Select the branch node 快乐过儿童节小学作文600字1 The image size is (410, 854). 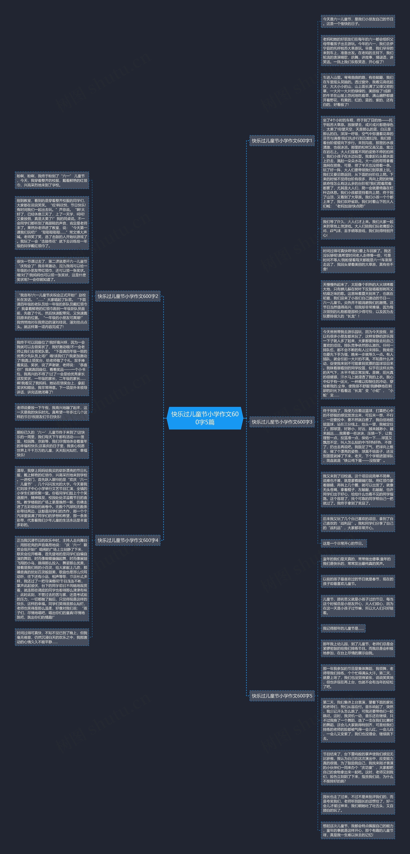(282, 141)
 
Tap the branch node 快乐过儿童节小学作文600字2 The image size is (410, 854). (128, 296)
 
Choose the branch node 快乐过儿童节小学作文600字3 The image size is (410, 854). (282, 422)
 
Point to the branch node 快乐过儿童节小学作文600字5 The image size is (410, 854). (282, 696)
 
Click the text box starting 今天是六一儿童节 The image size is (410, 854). (358, 21)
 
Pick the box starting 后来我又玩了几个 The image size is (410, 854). (358, 523)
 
